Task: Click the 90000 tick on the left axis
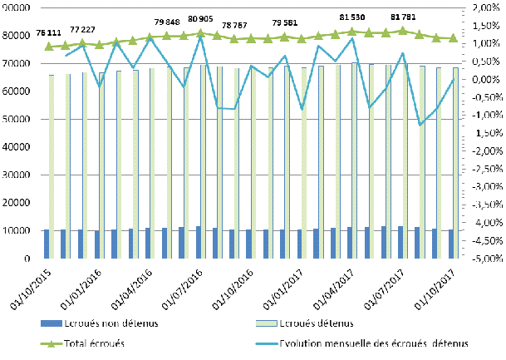(17, 7)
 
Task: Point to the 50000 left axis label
(17, 119)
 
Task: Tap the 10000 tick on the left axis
(17, 230)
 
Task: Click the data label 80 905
(203, 17)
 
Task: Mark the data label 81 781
(403, 15)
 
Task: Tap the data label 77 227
(86, 29)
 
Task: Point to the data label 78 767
(233, 26)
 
